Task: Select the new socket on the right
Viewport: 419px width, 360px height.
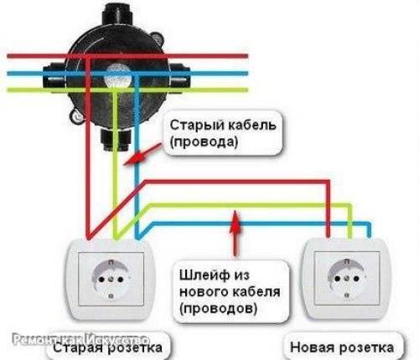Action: tap(344, 280)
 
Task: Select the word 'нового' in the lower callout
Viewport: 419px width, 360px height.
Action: tap(203, 291)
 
